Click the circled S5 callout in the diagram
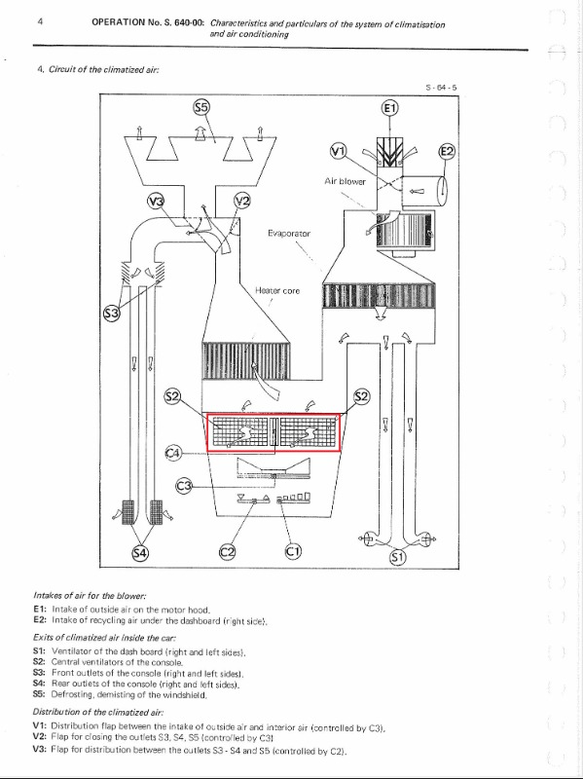coord(201,107)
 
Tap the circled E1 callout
coord(390,108)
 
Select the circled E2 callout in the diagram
coord(447,151)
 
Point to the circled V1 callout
coord(338,151)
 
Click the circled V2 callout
coord(241,201)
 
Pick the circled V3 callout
coord(156,202)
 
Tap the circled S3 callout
coord(111,314)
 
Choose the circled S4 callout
coord(140,552)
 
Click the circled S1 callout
coord(398,557)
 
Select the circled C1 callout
coord(293,551)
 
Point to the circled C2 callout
coord(228,551)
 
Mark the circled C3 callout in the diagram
coord(184,485)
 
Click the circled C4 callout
coord(173,453)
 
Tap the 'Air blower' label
coord(345,181)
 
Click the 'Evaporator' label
coord(289,234)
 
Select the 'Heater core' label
coord(277,290)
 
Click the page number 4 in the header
coord(40,21)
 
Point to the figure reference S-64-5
coord(441,88)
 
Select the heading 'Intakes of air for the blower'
coord(90,595)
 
